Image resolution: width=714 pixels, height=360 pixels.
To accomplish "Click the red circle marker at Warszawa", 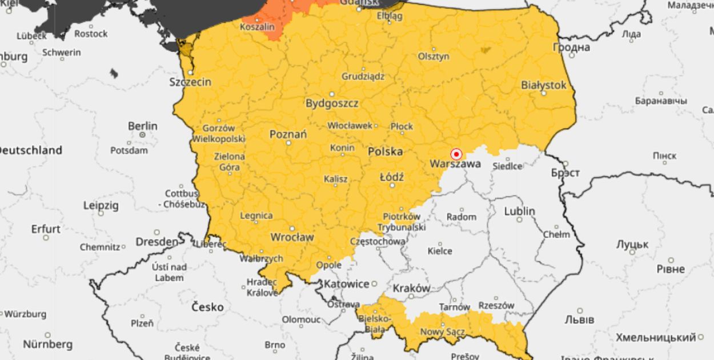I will coord(456,154).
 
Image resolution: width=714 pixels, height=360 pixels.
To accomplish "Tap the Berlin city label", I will coord(143,126).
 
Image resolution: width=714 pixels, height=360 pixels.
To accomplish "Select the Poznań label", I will coord(288,134).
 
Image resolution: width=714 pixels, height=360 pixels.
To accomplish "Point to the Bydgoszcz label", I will coord(332,103).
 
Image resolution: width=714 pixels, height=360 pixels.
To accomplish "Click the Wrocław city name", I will coord(292,237).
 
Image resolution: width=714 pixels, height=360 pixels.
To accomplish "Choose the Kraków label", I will coord(411,289).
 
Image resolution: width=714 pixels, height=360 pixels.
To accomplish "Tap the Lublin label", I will coord(519,211).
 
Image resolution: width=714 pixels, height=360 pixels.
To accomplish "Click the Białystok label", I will coord(544,85).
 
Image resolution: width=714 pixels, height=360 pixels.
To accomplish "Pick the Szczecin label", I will coord(190,82).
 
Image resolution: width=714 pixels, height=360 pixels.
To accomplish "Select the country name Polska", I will coord(385,151).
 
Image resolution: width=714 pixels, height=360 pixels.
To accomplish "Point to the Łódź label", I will coord(392,177).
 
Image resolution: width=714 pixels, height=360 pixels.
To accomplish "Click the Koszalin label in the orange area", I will coord(257,27).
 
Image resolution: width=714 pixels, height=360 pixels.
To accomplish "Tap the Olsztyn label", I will coord(434,57).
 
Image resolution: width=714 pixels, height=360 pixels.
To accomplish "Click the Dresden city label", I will coord(157,242).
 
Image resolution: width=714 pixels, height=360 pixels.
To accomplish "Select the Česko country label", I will coord(208,307).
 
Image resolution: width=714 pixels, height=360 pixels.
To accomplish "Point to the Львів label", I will coord(580,319).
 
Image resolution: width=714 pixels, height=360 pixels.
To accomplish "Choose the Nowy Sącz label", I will coord(442,332).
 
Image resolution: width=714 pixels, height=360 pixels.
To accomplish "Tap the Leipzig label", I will coord(101,205).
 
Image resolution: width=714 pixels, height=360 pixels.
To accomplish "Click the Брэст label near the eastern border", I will coord(565,173).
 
